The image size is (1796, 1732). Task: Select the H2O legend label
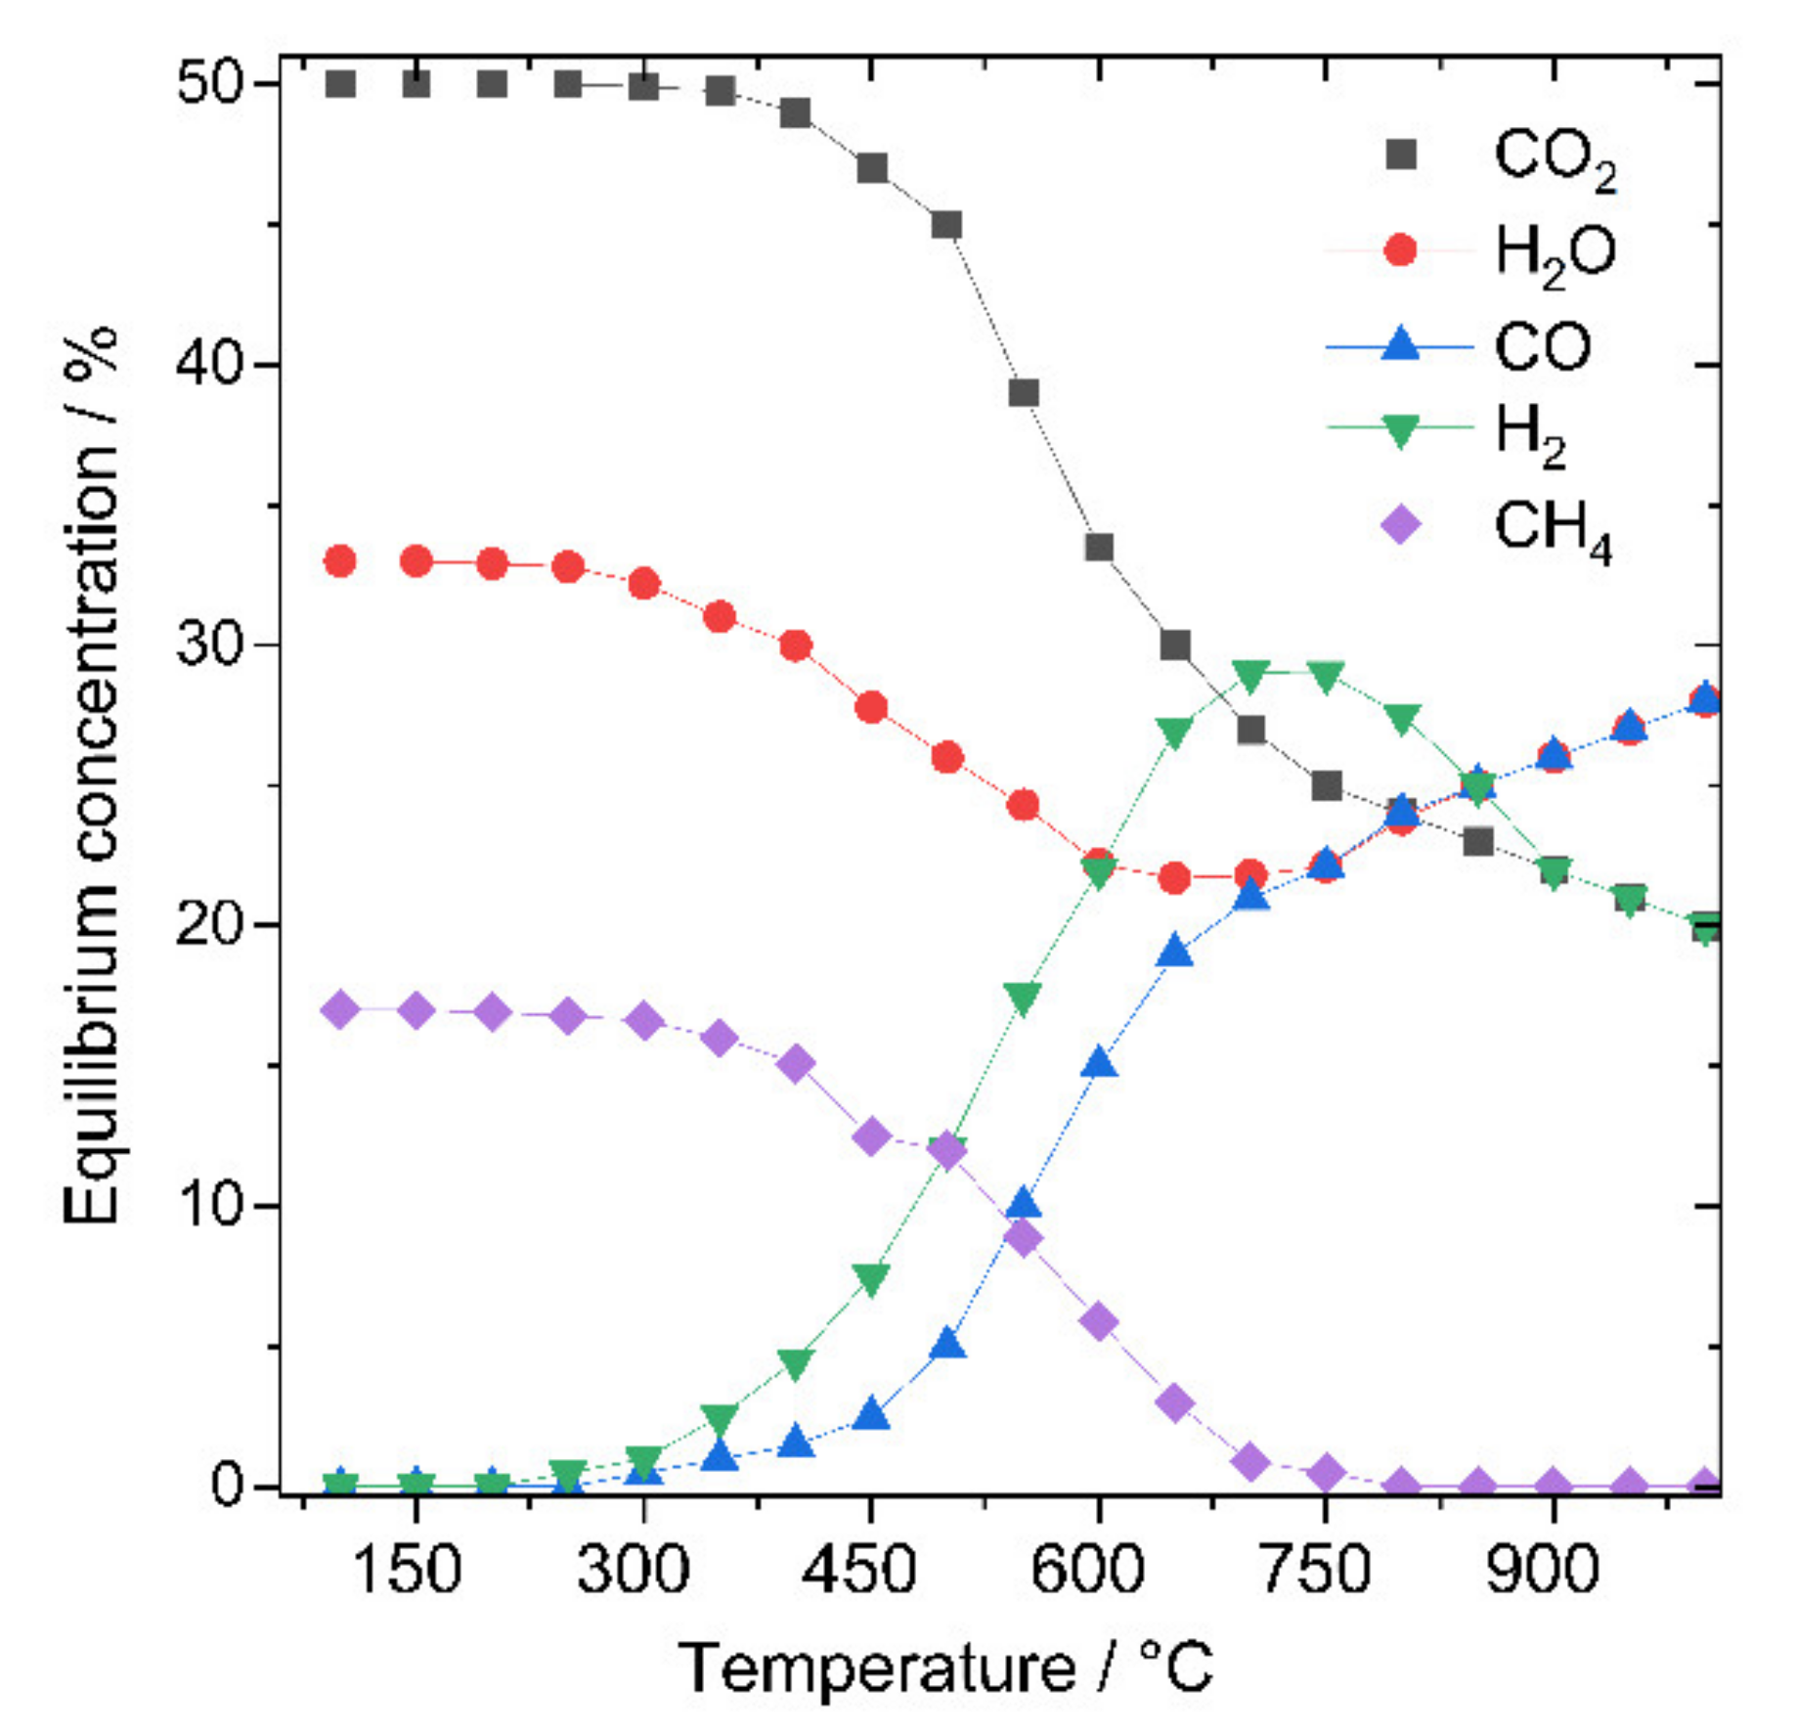point(1555,252)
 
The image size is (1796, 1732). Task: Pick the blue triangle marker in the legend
point(1400,344)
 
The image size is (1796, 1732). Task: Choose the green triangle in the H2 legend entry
point(1400,430)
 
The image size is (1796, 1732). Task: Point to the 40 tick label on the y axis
point(207,364)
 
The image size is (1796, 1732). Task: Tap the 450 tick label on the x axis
point(858,1568)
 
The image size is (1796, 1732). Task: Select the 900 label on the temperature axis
point(1541,1568)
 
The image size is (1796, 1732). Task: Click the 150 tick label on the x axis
point(405,1568)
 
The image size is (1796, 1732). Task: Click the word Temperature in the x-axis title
point(876,1667)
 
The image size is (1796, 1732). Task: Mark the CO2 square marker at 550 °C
point(1023,393)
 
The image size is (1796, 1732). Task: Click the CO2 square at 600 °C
point(1099,547)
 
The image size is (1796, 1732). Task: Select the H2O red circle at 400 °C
point(796,645)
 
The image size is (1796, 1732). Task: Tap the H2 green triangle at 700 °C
point(1251,673)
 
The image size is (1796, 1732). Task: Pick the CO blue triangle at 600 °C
point(1099,1063)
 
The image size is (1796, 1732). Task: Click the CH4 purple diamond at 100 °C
point(340,1008)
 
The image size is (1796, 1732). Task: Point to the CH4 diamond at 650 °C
point(1175,1402)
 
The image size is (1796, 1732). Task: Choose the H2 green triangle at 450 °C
point(871,1278)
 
